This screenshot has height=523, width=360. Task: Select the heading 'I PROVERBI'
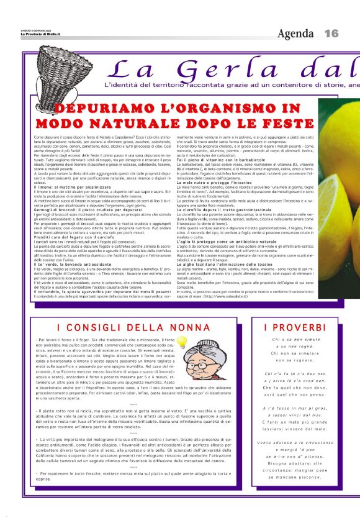(x=295, y=327)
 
